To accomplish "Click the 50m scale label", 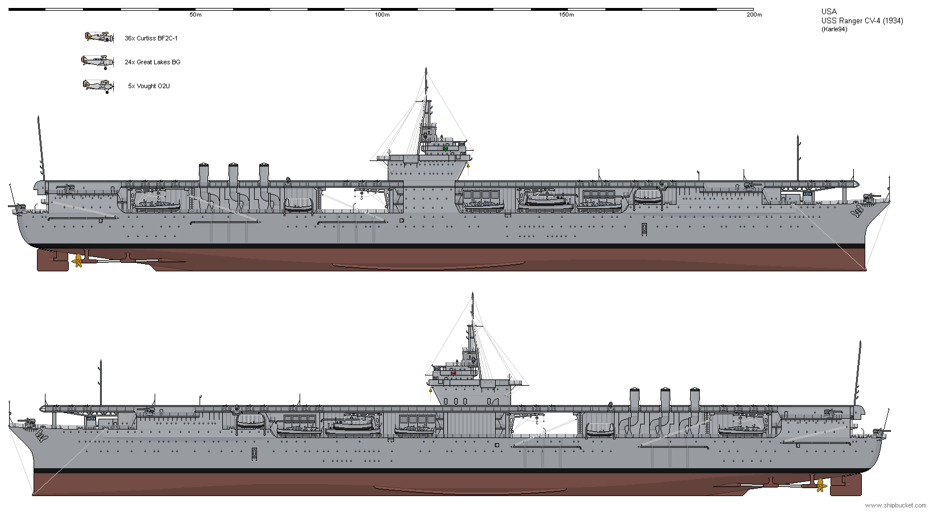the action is point(195,15).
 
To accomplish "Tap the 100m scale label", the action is point(382,15).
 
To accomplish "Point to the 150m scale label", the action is point(566,15).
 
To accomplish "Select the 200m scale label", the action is point(754,15).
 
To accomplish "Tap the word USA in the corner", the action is point(829,12).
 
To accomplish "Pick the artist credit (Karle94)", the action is point(834,30).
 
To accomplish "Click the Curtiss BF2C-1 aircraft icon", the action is point(99,37).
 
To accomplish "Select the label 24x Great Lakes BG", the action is point(152,62).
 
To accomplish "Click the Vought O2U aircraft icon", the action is point(98,86).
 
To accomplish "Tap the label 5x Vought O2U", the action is point(148,86).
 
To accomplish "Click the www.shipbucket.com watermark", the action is point(896,505).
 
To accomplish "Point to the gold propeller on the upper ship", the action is point(77,261).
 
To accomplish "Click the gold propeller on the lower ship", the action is point(821,486).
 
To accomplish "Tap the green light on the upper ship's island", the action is point(446,148).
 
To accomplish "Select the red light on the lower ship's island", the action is point(453,373).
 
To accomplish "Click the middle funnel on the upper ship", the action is point(233,175).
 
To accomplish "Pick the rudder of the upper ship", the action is point(53,260).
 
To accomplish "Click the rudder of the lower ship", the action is point(846,485).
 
